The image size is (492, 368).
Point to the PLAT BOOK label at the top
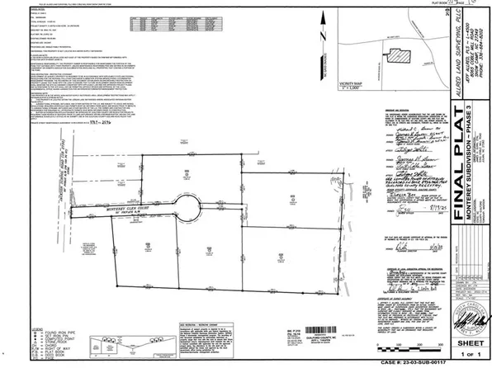pos(423,5)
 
